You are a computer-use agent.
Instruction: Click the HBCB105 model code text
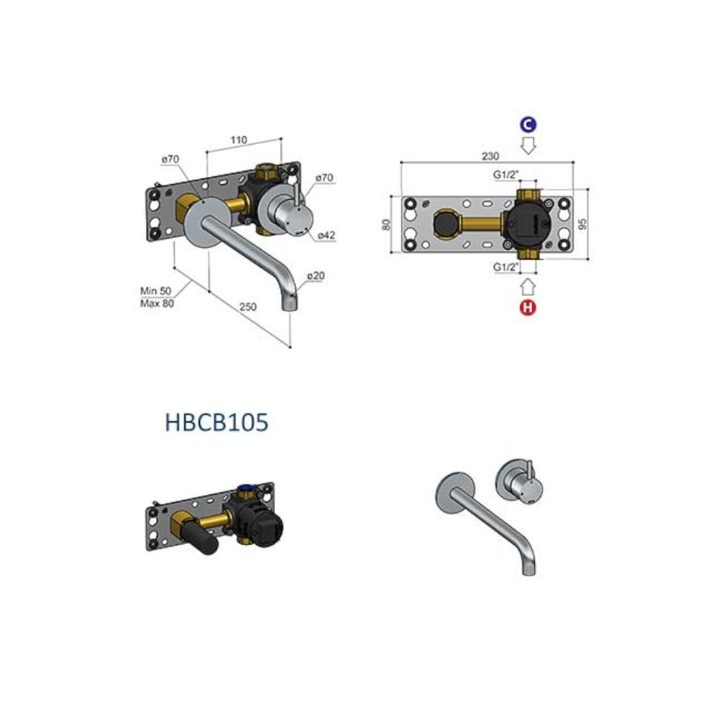[217, 422]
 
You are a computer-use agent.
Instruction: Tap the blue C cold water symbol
[529, 124]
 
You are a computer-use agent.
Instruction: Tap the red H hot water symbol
[528, 307]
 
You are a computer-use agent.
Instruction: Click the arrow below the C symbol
[529, 145]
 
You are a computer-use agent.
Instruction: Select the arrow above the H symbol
[529, 287]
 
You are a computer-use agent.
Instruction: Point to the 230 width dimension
[490, 157]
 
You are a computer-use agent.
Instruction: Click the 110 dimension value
[239, 140]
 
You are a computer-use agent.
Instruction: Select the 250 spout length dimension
[248, 307]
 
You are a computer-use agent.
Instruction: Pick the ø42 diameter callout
[326, 235]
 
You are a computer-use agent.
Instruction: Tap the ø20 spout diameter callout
[316, 276]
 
